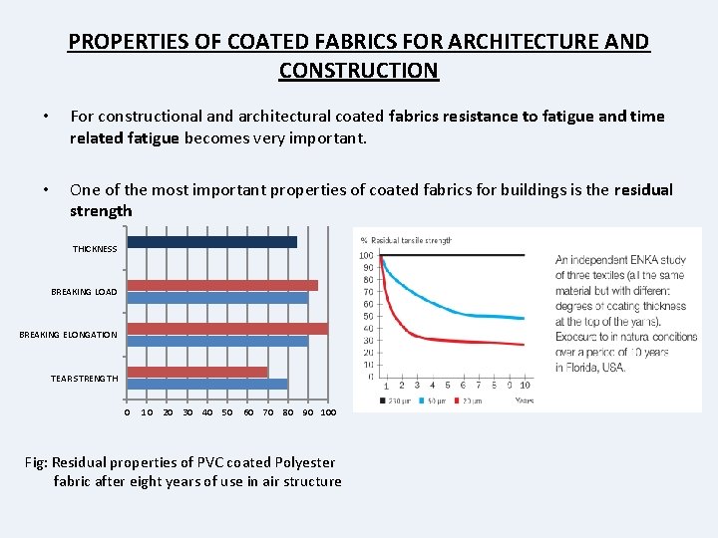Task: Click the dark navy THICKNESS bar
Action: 211,242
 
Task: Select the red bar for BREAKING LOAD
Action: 222,285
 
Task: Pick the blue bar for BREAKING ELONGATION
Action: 216,341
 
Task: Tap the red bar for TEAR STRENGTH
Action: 197,372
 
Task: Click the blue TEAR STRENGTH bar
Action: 207,384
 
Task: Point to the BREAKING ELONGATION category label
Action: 68,335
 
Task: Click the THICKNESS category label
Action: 95,249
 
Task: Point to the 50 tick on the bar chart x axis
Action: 227,412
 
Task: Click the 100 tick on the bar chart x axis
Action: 328,412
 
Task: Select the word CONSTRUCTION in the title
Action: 358,71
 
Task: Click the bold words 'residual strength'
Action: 101,210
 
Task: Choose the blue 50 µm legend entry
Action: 435,401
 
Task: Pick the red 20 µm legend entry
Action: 470,401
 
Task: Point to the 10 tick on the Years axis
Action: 525,386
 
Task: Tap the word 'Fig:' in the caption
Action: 37,462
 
